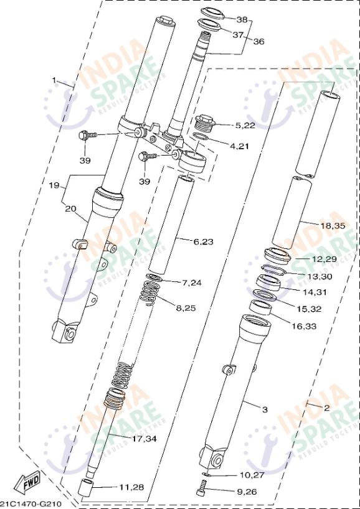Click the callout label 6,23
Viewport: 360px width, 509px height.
(203, 241)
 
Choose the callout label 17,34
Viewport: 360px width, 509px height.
(144, 439)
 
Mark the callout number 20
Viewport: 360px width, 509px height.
(70, 209)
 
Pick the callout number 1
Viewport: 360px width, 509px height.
(55, 80)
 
